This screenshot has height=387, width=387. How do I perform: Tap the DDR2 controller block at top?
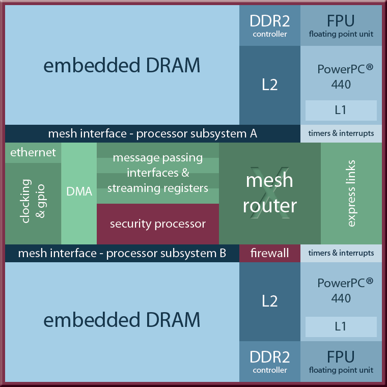(x=270, y=25)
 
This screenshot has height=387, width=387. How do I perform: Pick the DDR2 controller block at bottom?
(x=270, y=362)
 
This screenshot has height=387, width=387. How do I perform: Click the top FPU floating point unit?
(x=341, y=25)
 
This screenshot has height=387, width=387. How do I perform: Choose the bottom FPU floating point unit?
(x=341, y=362)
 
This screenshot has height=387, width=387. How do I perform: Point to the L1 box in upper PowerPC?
(x=341, y=110)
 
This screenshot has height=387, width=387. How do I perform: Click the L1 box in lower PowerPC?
(x=341, y=326)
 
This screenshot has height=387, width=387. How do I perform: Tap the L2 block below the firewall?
(x=270, y=301)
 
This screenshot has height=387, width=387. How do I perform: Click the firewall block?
(x=270, y=253)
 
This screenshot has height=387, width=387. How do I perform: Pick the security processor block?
(x=158, y=224)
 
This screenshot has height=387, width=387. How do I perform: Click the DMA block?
(x=79, y=192)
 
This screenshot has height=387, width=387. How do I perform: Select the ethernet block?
(x=33, y=152)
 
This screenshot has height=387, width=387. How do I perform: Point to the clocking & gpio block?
(x=33, y=199)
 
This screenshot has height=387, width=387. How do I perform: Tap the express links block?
(x=351, y=193)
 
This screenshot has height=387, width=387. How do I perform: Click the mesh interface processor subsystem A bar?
(x=153, y=133)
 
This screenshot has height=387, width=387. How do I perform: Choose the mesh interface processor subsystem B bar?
(x=122, y=253)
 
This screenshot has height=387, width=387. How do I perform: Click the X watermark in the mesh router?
(x=270, y=193)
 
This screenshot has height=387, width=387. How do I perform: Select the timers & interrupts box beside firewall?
(x=341, y=253)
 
